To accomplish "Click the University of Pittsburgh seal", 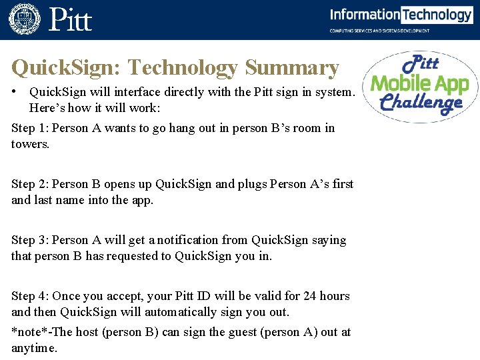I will coord(25,19).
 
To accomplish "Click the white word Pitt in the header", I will coord(70,20).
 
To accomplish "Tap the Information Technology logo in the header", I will coord(401,15).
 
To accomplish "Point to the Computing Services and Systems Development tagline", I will coord(380,31).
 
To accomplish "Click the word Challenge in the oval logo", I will coord(421,103).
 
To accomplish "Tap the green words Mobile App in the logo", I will coord(420,84).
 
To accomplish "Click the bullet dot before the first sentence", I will coord(14,91).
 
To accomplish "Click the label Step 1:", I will coord(30,128).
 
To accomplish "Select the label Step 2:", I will coord(30,184).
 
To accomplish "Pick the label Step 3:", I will coord(30,240).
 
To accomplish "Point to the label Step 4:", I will coord(30,296).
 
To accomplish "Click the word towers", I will coord(30,144).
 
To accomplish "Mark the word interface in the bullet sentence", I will coord(124,92).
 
